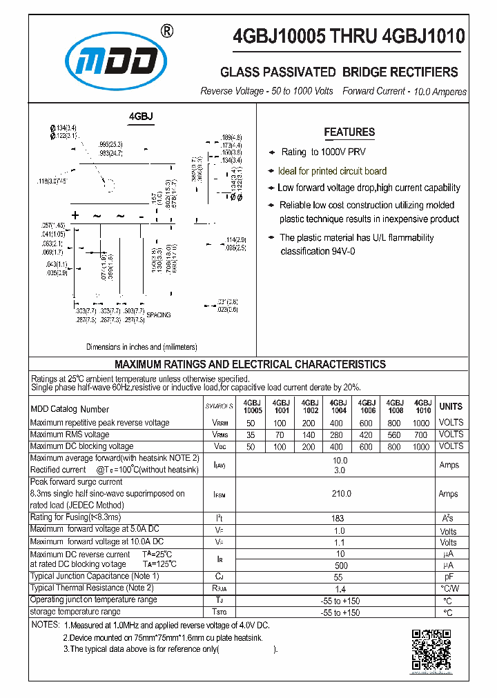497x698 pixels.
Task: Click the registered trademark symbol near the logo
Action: pos(166,31)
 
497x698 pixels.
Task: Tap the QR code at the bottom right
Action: pos(432,650)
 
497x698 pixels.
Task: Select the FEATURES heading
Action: pos(349,132)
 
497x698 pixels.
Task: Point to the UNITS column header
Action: pos(451,406)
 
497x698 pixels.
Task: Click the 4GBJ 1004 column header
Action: pos(338,406)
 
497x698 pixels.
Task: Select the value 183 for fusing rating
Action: pos(338,517)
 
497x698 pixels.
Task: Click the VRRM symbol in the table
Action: pos(220,423)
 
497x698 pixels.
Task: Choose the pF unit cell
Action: pos(449,576)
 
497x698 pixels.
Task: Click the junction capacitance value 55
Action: pos(338,576)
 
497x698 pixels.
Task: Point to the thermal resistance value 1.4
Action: pos(338,588)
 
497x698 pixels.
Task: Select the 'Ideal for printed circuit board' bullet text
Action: pos(332,171)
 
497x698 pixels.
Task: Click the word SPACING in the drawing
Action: pos(158,315)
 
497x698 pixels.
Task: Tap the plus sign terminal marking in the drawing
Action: pos(75,217)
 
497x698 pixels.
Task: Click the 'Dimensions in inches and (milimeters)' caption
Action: pos(142,347)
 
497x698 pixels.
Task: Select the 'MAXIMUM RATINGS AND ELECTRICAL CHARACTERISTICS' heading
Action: pos(250,364)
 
